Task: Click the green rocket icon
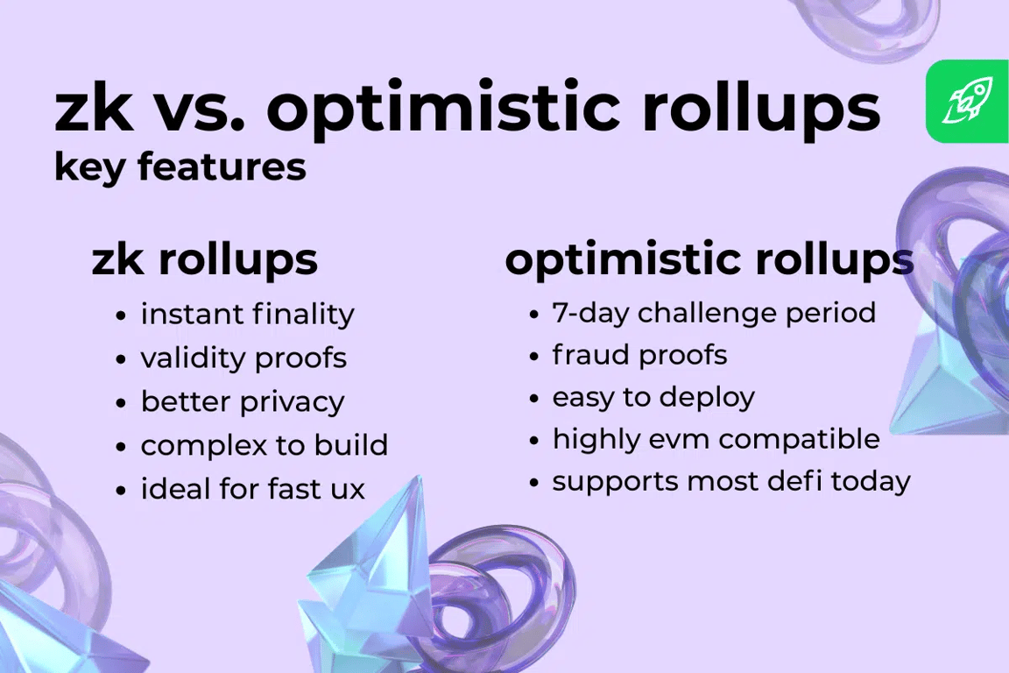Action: click(968, 101)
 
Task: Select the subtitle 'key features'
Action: click(180, 167)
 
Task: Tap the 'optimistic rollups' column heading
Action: click(709, 259)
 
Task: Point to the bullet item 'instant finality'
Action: click(248, 315)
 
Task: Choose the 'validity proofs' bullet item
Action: click(243, 358)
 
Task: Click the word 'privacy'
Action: click(293, 403)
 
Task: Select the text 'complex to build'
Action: click(265, 445)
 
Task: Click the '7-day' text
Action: click(590, 313)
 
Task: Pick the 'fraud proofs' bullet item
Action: click(639, 355)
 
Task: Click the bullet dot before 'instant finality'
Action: click(121, 316)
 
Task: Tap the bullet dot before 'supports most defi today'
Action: click(533, 482)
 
